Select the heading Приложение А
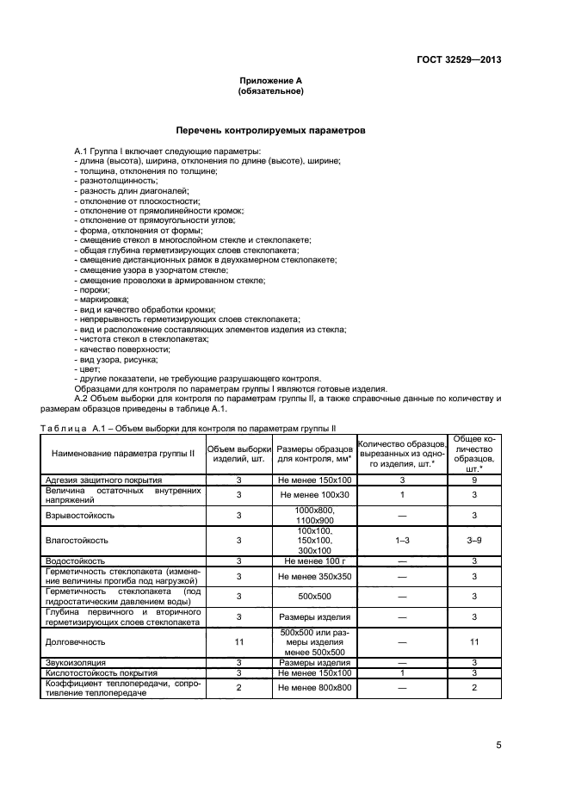click(270, 80)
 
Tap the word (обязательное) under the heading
click(270, 90)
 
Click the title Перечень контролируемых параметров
click(270, 131)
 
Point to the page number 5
click(498, 746)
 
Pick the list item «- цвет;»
click(89, 368)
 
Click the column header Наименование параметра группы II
click(123, 453)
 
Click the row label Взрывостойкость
click(83, 515)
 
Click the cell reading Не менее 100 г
click(313, 560)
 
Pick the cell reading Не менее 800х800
click(313, 688)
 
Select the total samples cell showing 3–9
click(473, 540)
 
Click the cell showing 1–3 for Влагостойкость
click(401, 540)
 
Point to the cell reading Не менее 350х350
click(313, 576)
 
